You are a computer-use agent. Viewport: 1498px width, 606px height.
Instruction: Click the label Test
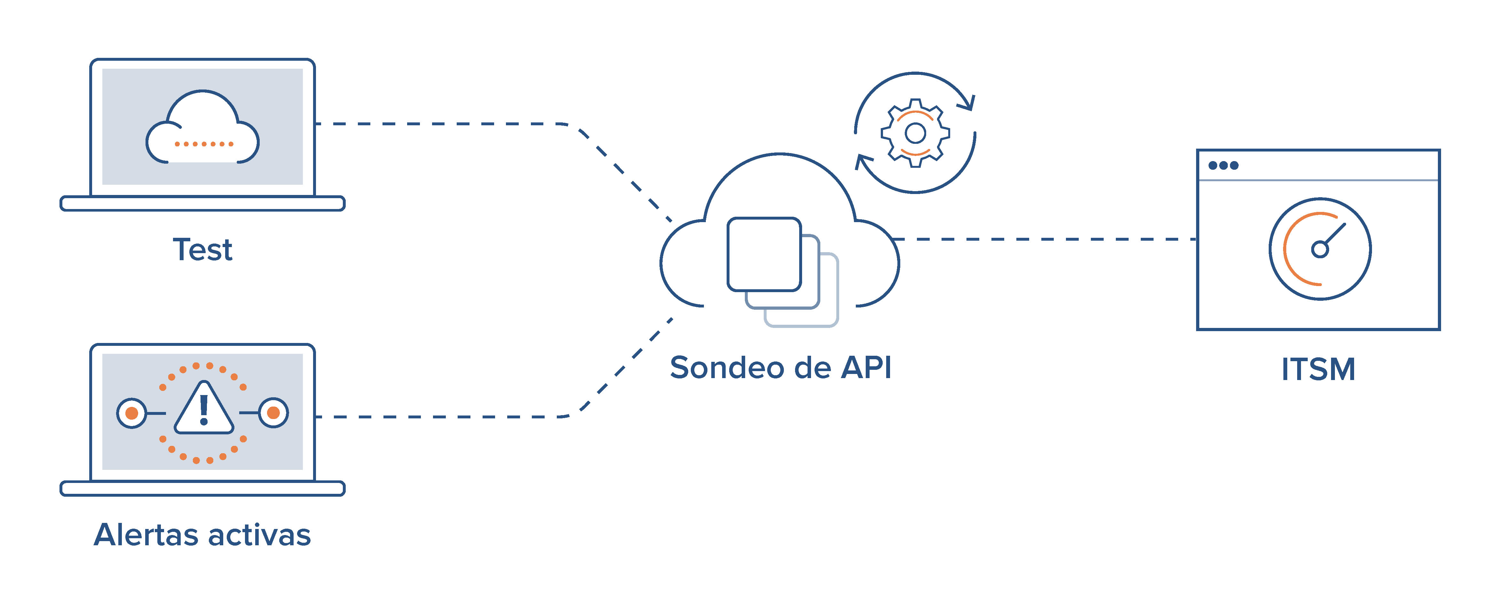pos(202,250)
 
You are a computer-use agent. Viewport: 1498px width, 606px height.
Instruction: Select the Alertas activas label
pos(202,534)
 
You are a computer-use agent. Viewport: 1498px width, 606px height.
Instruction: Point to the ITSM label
pos(1318,369)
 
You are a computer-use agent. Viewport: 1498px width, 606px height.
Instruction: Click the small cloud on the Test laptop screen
pos(202,128)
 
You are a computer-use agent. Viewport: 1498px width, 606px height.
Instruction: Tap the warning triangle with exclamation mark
pos(203,410)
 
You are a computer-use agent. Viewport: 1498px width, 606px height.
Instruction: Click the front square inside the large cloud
pos(764,254)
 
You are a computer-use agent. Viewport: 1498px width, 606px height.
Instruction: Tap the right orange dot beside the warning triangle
pos(273,413)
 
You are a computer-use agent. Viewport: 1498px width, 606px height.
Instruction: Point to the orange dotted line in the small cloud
pos(203,144)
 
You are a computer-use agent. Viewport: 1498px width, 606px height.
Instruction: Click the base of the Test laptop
pos(202,203)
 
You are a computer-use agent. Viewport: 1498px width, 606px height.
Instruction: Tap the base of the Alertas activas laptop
pos(202,489)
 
